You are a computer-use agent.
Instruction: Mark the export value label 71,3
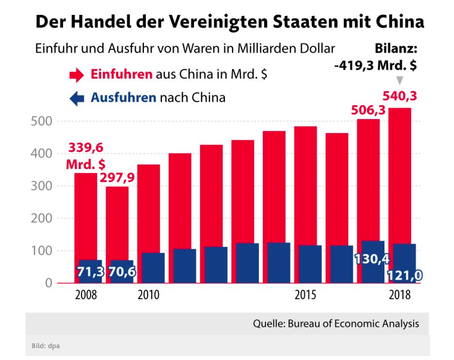[90, 272]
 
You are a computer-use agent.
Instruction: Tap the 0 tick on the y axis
[48, 283]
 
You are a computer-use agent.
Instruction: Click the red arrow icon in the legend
[77, 75]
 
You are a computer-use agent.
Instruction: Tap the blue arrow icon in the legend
[77, 98]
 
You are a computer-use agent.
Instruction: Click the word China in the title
[394, 22]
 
